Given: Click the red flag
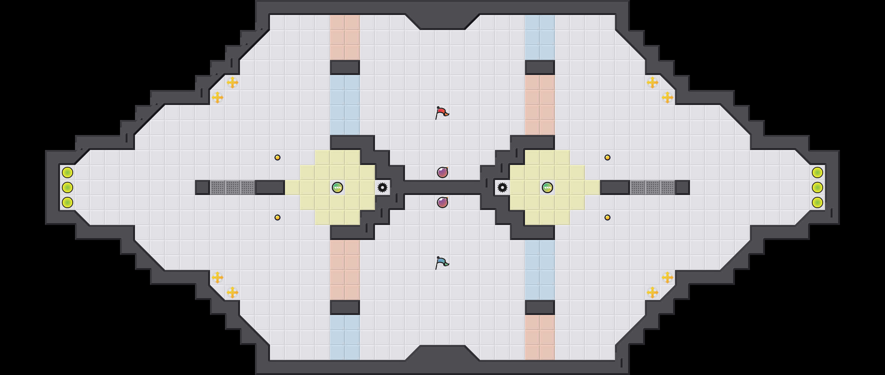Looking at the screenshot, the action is click(442, 112).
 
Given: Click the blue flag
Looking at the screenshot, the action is click(442, 262).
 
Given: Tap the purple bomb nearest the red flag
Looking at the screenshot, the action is click(442, 172).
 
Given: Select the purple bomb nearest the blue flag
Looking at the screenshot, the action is click(442, 202).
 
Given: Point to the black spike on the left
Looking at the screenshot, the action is click(382, 187).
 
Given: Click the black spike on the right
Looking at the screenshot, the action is click(502, 187).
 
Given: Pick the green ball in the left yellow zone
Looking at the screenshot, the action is click(337, 187).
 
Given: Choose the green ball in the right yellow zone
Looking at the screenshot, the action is click(547, 187).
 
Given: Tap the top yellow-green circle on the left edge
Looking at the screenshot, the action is click(67, 172).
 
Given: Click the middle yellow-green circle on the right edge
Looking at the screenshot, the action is click(817, 187).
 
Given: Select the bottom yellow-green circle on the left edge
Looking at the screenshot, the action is click(67, 202).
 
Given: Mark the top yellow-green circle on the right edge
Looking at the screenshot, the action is click(817, 172).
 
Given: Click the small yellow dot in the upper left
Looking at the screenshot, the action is click(277, 157).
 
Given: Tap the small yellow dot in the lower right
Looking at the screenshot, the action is click(607, 217).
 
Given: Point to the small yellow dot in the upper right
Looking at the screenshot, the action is click(607, 157).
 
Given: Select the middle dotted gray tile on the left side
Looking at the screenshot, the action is click(232, 187).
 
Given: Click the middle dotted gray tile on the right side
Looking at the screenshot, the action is click(652, 187).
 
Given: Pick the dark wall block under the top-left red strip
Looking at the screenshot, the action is click(345, 67).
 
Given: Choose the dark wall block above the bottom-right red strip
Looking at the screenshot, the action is click(540, 307).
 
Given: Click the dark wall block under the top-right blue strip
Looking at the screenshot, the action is click(540, 67).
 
